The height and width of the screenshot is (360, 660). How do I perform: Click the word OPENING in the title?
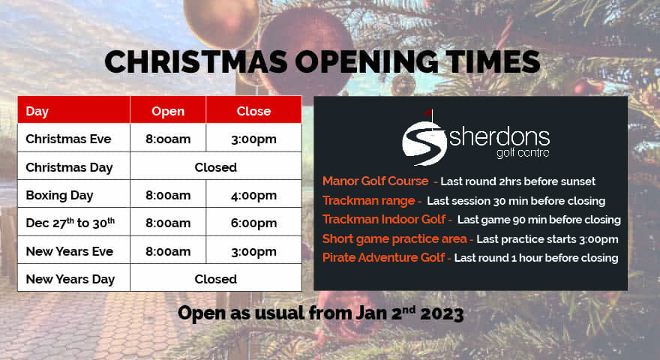(366, 62)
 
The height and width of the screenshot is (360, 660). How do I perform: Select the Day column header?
(37, 111)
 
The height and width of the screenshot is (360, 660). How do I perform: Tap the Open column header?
(168, 111)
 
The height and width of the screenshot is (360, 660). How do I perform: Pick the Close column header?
(253, 111)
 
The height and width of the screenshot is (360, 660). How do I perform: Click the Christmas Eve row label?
(68, 139)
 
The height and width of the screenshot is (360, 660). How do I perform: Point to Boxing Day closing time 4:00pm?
(253, 195)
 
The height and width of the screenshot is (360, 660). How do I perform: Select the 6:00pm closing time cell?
(253, 223)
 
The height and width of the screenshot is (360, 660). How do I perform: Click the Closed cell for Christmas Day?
(215, 167)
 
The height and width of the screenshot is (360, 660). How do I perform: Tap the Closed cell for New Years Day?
(215, 279)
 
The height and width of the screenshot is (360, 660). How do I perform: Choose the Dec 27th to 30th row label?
(70, 223)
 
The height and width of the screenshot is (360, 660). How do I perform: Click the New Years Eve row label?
(70, 251)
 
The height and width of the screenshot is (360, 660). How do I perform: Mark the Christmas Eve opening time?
(168, 139)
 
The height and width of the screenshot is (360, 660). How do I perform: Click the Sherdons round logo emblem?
(424, 142)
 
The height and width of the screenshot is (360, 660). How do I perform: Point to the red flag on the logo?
(428, 112)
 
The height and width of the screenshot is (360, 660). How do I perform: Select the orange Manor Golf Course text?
(376, 181)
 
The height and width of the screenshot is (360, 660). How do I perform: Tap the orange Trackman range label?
(369, 201)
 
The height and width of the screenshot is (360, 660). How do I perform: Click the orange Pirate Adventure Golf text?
(383, 258)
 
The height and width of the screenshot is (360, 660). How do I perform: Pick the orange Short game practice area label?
(394, 238)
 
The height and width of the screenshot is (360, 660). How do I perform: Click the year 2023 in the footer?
(442, 313)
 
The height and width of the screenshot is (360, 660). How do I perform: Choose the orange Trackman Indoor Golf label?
(384, 219)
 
